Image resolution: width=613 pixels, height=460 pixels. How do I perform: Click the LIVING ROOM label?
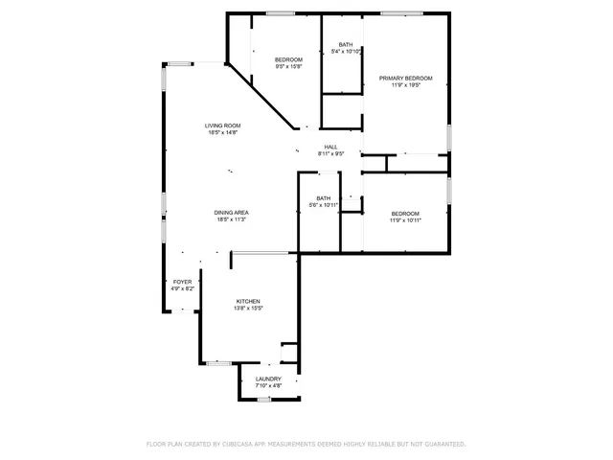pyautogui.click(x=222, y=126)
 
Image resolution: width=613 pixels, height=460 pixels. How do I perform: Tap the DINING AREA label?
pyautogui.click(x=232, y=212)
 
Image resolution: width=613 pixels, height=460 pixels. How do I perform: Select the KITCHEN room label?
pyautogui.click(x=248, y=301)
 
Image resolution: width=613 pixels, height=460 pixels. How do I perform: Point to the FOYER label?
pyautogui.click(x=182, y=282)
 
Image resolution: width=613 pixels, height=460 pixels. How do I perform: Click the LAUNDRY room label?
pyautogui.click(x=268, y=379)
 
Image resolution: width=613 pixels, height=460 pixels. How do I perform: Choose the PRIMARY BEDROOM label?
pyautogui.click(x=405, y=78)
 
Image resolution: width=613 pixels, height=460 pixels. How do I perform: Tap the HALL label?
pyautogui.click(x=330, y=147)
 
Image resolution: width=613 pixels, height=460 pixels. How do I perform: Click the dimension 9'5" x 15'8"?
pyautogui.click(x=289, y=67)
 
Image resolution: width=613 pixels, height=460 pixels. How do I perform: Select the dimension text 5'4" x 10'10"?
pyautogui.click(x=345, y=52)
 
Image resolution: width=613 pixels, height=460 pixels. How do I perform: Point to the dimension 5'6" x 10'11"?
pyautogui.click(x=324, y=205)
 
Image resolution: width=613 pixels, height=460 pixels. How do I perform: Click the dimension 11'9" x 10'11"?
pyautogui.click(x=405, y=220)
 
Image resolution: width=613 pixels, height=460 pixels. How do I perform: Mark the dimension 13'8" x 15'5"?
pyautogui.click(x=248, y=309)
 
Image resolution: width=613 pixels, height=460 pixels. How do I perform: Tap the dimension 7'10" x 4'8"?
pyautogui.click(x=268, y=386)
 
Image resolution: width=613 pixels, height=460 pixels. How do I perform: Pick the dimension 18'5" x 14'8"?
pyautogui.click(x=222, y=133)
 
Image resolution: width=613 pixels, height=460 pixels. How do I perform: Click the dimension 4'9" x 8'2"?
pyautogui.click(x=182, y=288)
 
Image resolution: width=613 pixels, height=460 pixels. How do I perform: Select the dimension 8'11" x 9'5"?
pyautogui.click(x=330, y=153)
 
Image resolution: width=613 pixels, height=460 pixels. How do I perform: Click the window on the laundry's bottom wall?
pyautogui.click(x=263, y=399)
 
